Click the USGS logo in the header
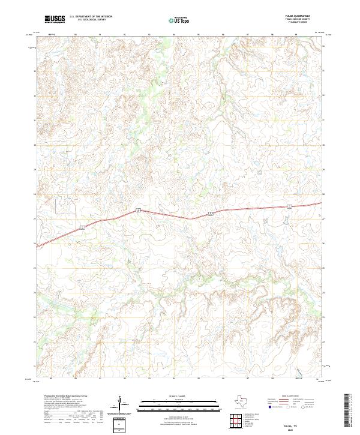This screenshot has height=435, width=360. click(54, 19)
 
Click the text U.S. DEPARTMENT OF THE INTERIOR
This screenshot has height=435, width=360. click(91, 16)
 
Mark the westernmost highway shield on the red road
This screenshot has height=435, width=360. click(82, 227)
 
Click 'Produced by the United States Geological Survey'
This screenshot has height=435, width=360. click(58, 397)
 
